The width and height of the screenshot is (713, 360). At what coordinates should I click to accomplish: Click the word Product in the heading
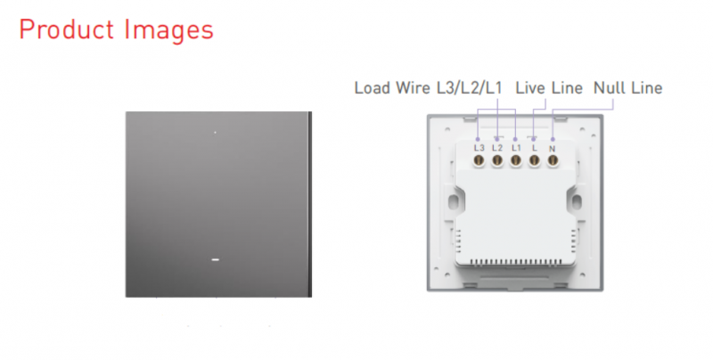pyautogui.click(x=66, y=29)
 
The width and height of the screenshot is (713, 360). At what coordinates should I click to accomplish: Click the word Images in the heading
pyautogui.click(x=168, y=31)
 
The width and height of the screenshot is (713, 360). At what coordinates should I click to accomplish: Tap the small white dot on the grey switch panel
pyautogui.click(x=215, y=132)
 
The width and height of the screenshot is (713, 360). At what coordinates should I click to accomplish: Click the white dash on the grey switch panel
pyautogui.click(x=216, y=259)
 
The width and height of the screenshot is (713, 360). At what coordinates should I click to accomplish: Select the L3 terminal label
pyautogui.click(x=479, y=148)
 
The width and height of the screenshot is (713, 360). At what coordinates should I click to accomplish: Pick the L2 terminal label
pyautogui.click(x=497, y=148)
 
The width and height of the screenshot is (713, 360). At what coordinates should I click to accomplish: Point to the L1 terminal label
pyautogui.click(x=516, y=148)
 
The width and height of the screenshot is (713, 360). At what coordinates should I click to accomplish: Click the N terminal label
pyautogui.click(x=553, y=149)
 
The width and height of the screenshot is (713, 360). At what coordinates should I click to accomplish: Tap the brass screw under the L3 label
pyautogui.click(x=479, y=160)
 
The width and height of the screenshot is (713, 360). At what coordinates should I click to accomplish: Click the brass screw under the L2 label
pyautogui.click(x=497, y=160)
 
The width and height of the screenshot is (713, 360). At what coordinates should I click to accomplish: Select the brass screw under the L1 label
pyautogui.click(x=516, y=160)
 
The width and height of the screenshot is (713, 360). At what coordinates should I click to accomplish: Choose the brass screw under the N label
pyautogui.click(x=553, y=160)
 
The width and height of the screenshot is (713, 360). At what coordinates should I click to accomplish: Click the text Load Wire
pyautogui.click(x=392, y=87)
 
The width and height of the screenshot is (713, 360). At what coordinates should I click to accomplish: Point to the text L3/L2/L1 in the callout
pyautogui.click(x=470, y=87)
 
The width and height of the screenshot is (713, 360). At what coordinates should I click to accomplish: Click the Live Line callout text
pyautogui.click(x=549, y=87)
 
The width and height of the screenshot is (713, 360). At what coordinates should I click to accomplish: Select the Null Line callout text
pyautogui.click(x=628, y=87)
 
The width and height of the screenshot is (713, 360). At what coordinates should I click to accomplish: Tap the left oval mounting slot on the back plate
pyautogui.click(x=453, y=201)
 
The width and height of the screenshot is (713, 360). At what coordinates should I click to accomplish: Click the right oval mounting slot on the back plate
pyautogui.click(x=577, y=201)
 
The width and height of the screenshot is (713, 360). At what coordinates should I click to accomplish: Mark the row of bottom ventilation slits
pyautogui.click(x=515, y=262)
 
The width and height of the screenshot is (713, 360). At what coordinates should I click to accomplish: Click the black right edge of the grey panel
pyautogui.click(x=310, y=205)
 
